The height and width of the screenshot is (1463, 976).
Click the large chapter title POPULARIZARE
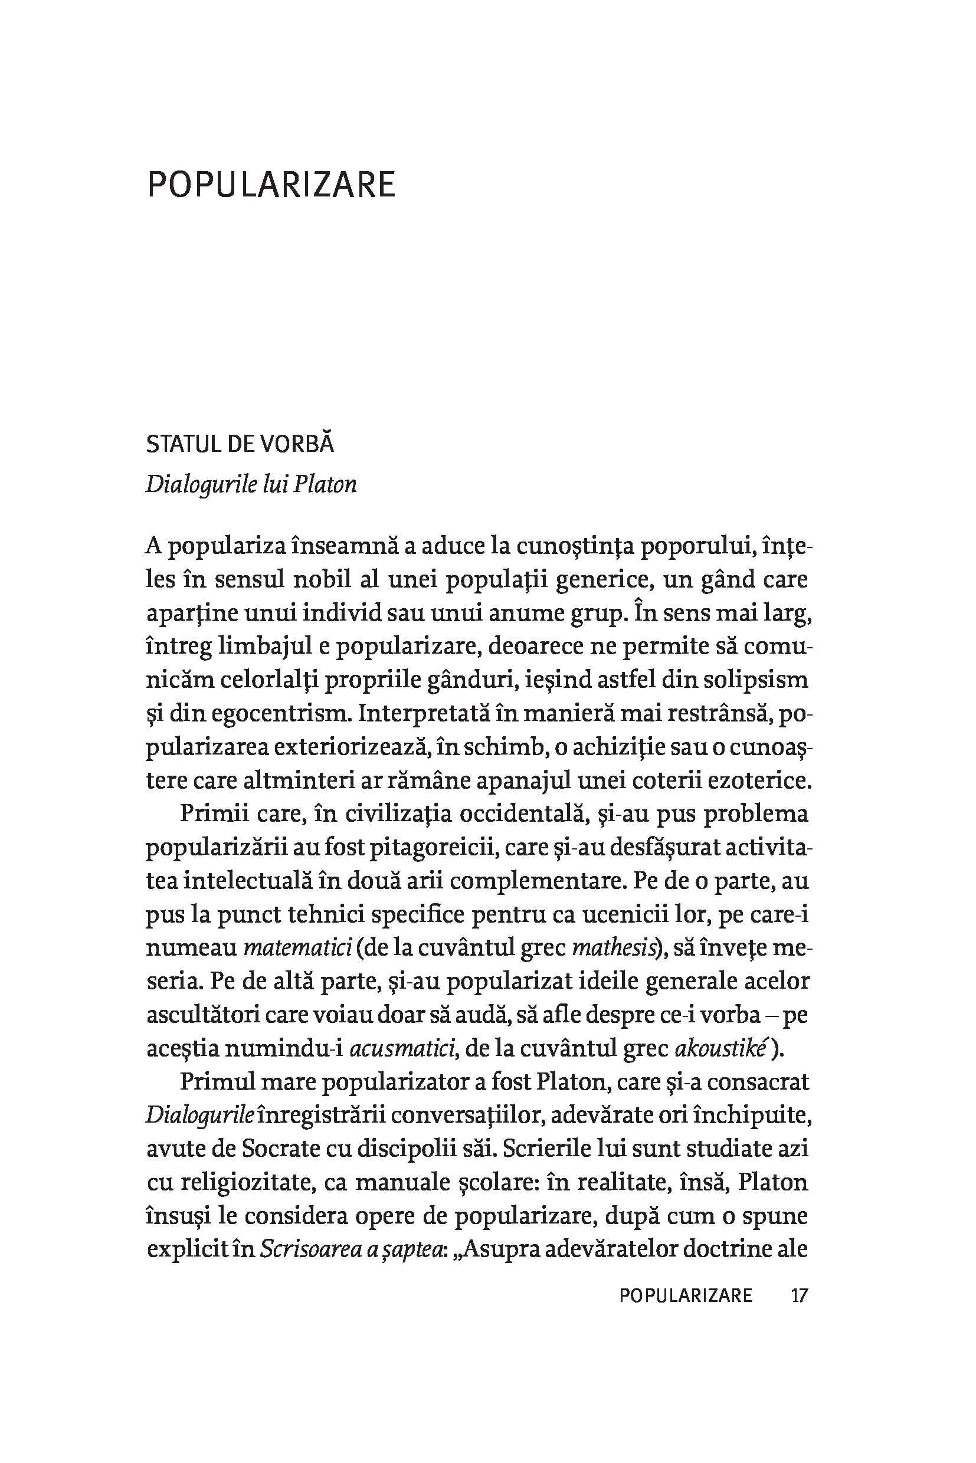(271, 185)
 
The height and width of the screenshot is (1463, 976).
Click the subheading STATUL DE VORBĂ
(240, 444)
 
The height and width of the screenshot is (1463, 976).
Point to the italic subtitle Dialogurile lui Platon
(251, 485)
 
